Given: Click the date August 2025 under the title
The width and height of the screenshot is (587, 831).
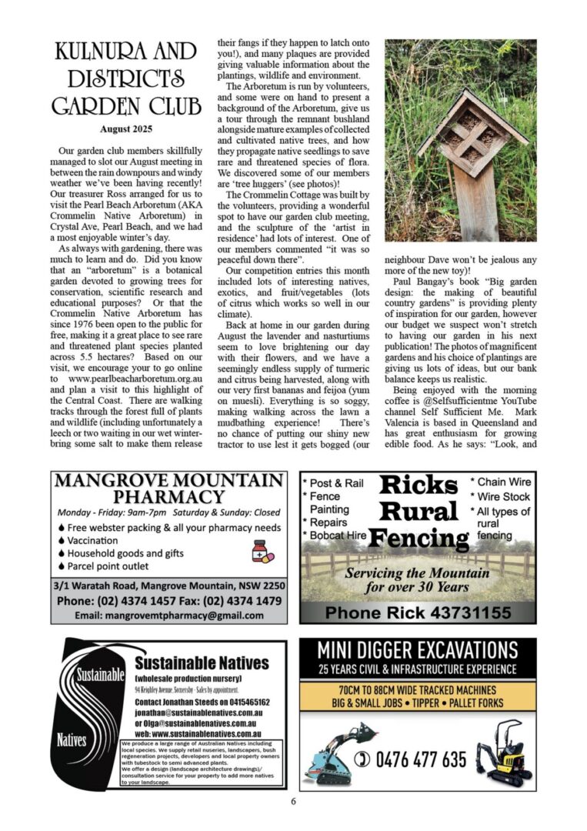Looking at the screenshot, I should click(126, 128).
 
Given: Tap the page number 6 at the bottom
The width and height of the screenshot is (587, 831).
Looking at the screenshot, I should click(293, 800).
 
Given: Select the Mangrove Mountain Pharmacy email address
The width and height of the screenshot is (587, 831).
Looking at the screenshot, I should click(168, 615).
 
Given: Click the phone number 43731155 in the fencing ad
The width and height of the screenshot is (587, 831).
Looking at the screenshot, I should click(418, 612).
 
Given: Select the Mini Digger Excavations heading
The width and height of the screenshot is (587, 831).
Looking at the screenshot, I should click(418, 649).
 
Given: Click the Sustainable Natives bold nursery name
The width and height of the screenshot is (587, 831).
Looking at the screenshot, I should click(202, 663).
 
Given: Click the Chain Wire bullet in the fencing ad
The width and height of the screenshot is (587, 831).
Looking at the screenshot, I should click(500, 482).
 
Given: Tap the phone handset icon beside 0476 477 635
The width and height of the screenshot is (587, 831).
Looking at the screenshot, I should click(361, 759).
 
